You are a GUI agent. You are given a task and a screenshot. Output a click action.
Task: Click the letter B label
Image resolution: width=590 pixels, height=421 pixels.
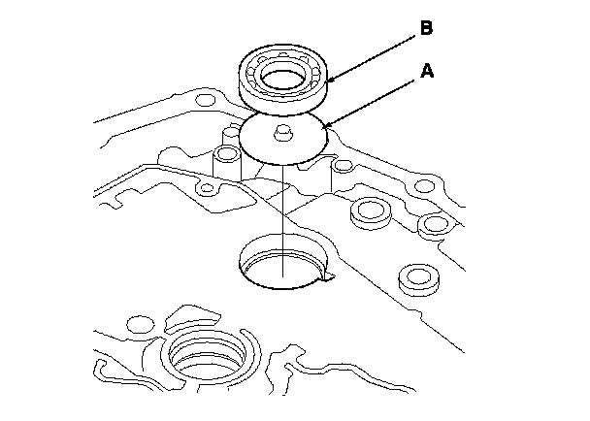point(426,30)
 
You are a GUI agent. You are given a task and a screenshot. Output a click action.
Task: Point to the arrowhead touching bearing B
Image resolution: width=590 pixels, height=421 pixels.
point(330,81)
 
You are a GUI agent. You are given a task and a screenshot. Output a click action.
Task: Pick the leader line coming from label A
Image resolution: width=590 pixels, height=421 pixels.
point(374,99)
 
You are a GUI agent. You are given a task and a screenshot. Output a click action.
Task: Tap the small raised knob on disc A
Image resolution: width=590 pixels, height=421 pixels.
point(283,131)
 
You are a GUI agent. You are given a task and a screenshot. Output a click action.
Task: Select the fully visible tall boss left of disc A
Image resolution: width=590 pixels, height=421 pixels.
point(227,160)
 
